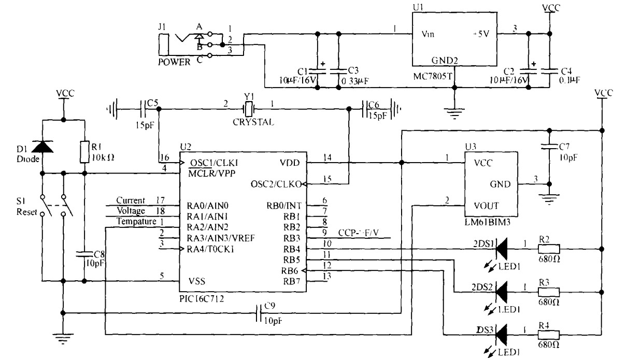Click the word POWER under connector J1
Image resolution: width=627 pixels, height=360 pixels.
click(174, 61)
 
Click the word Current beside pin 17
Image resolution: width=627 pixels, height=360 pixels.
click(127, 200)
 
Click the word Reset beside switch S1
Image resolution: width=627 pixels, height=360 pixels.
click(26, 212)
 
